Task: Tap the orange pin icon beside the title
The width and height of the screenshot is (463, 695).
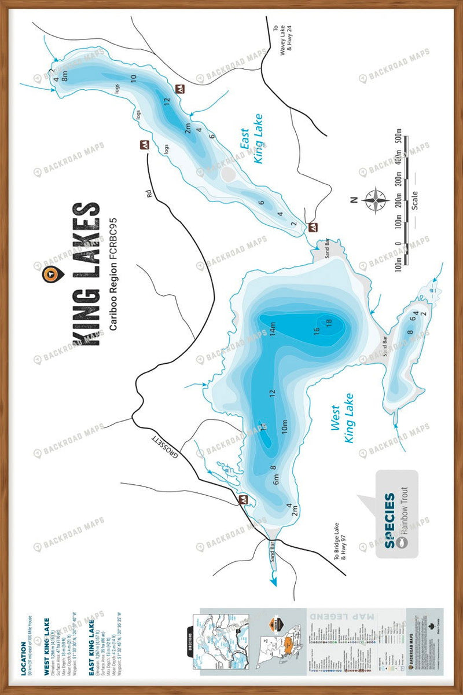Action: [x=50, y=274]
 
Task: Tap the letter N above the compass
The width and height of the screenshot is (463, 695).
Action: [x=353, y=200]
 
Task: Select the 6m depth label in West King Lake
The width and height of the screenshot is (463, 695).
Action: [x=276, y=480]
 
